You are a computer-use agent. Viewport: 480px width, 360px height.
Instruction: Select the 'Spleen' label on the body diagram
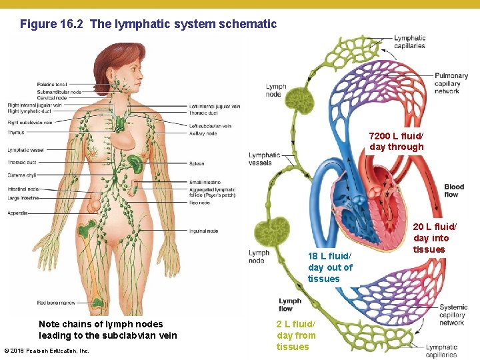tap(197, 163)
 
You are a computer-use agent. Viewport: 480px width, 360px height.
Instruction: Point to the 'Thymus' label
tap(16, 133)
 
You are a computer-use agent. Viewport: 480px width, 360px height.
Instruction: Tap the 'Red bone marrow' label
tap(57, 303)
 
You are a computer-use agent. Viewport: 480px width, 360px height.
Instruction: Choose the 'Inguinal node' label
tap(203, 231)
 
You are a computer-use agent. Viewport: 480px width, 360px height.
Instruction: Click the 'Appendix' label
tap(17, 213)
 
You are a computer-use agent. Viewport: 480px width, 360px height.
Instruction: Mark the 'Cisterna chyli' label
tap(22, 175)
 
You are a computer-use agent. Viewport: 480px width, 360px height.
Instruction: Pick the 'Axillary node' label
tap(203, 133)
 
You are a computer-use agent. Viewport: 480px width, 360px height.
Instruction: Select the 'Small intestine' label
tap(205, 182)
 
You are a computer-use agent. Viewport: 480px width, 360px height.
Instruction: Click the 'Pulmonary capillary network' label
tap(451, 83)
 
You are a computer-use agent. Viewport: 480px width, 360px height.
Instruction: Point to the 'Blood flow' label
tap(454, 191)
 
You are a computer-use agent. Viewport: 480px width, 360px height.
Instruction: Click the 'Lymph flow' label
tap(290, 305)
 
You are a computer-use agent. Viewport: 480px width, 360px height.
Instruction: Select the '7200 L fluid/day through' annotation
tap(396, 141)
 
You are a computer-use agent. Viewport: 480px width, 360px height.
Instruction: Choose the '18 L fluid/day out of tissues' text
tap(330, 267)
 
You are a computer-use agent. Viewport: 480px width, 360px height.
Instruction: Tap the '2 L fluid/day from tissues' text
tap(296, 335)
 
